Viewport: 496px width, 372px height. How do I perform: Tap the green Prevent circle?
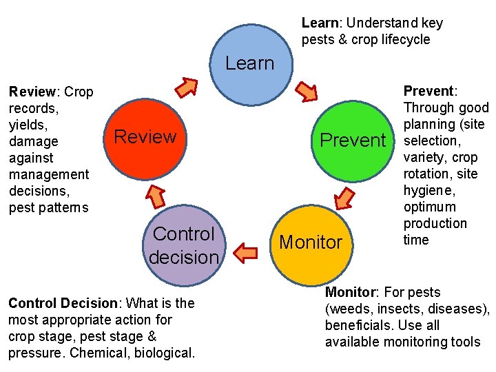[353, 141]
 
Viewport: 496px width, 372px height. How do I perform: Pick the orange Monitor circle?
[310, 242]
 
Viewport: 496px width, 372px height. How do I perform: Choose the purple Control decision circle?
[183, 245]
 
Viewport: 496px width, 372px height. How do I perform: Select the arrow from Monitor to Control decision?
[247, 253]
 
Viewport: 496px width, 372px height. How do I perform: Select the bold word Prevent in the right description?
[428, 91]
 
